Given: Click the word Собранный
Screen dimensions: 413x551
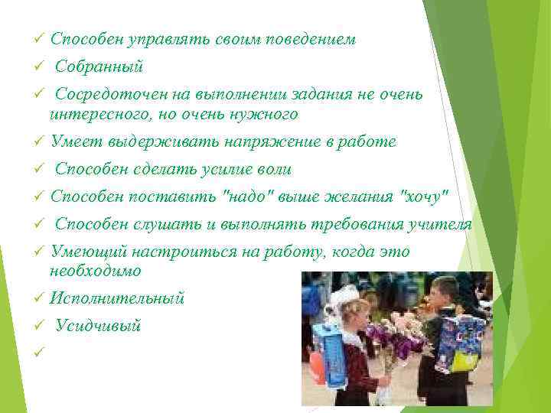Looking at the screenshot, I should pos(99,67).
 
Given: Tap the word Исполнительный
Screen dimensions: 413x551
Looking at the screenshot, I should pos(117,298).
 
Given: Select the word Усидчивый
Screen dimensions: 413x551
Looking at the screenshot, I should pos(98,326).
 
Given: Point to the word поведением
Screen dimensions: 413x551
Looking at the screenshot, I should pos(311,39).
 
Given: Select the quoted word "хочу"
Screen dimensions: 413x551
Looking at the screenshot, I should pos(419,197).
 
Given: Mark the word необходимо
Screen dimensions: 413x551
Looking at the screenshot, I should pos(96,271).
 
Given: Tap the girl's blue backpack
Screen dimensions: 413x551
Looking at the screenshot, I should pos(331,352).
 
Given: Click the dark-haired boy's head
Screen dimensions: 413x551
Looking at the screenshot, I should pos(444,291).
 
